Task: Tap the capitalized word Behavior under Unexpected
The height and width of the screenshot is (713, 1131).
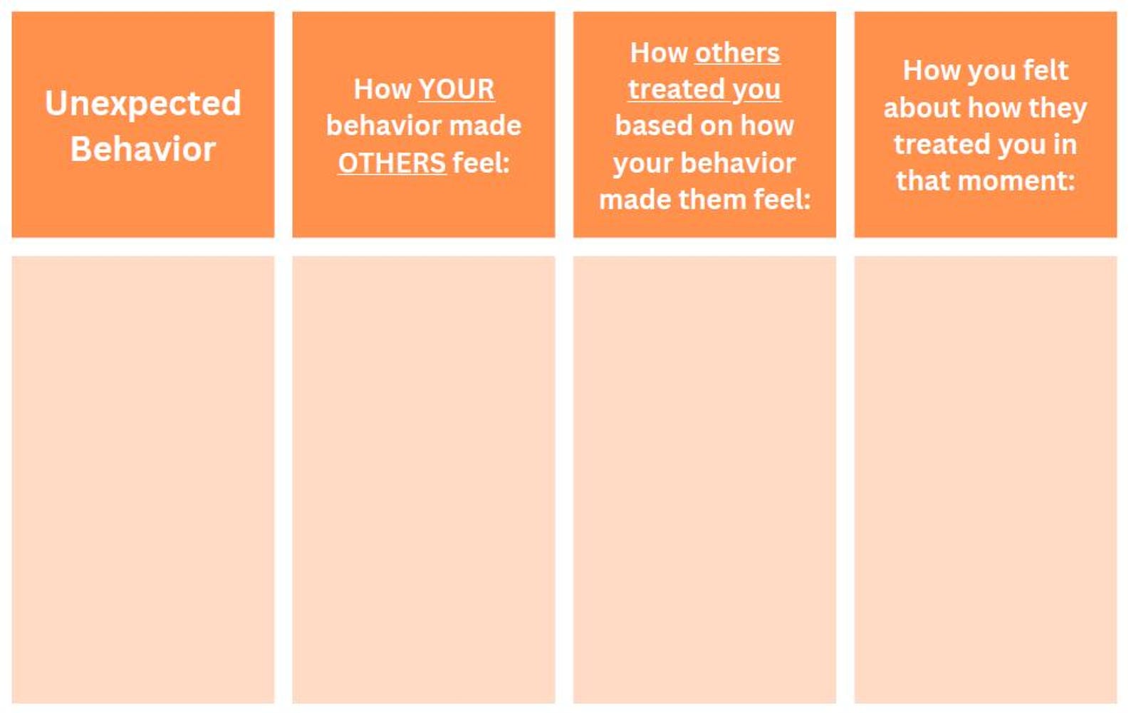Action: (143, 149)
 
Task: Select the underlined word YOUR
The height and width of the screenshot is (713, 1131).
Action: (457, 89)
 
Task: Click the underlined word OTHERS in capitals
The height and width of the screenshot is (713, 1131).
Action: (392, 163)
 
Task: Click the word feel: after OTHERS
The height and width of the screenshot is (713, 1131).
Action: (481, 162)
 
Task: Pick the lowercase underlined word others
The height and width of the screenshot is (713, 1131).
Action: (737, 53)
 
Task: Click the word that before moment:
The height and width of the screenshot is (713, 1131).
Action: (924, 181)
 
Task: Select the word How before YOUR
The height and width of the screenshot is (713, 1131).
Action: (382, 89)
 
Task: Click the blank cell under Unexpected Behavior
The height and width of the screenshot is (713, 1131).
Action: (143, 479)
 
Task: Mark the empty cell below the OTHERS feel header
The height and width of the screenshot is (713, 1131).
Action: (424, 479)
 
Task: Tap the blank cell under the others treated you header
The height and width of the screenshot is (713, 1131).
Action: (704, 479)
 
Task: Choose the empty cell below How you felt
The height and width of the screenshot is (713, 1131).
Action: (986, 479)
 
